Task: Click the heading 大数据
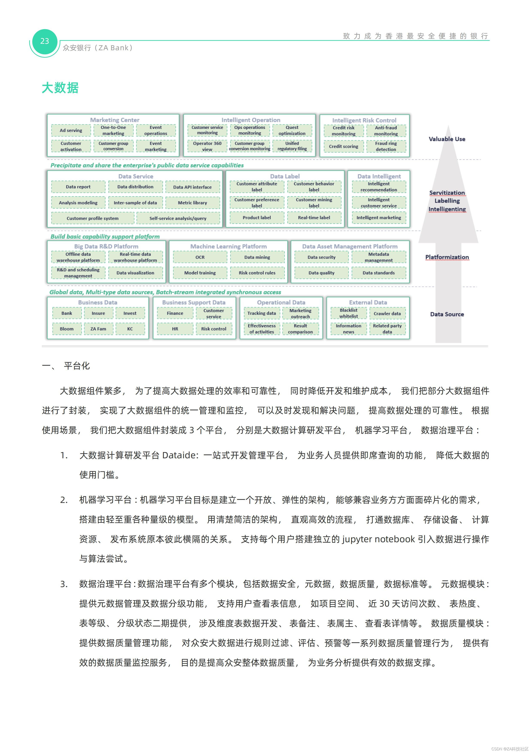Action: pyautogui.click(x=60, y=88)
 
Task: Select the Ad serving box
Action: pyautogui.click(x=71, y=131)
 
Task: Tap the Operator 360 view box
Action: pyautogui.click(x=207, y=146)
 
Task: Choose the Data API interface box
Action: pyautogui.click(x=192, y=187)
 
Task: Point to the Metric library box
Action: pyautogui.click(x=192, y=203)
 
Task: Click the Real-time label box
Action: pyautogui.click(x=314, y=217)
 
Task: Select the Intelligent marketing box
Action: pyautogui.click(x=379, y=217)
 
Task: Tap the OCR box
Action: pyautogui.click(x=200, y=257)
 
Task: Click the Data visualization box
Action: pyautogui.click(x=135, y=273)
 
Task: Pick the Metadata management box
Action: pyautogui.click(x=379, y=257)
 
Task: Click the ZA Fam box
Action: pyautogui.click(x=98, y=329)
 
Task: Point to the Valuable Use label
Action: pyautogui.click(x=447, y=139)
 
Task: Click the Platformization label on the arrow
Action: pyautogui.click(x=447, y=257)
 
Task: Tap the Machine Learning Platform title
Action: pyautogui.click(x=228, y=246)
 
